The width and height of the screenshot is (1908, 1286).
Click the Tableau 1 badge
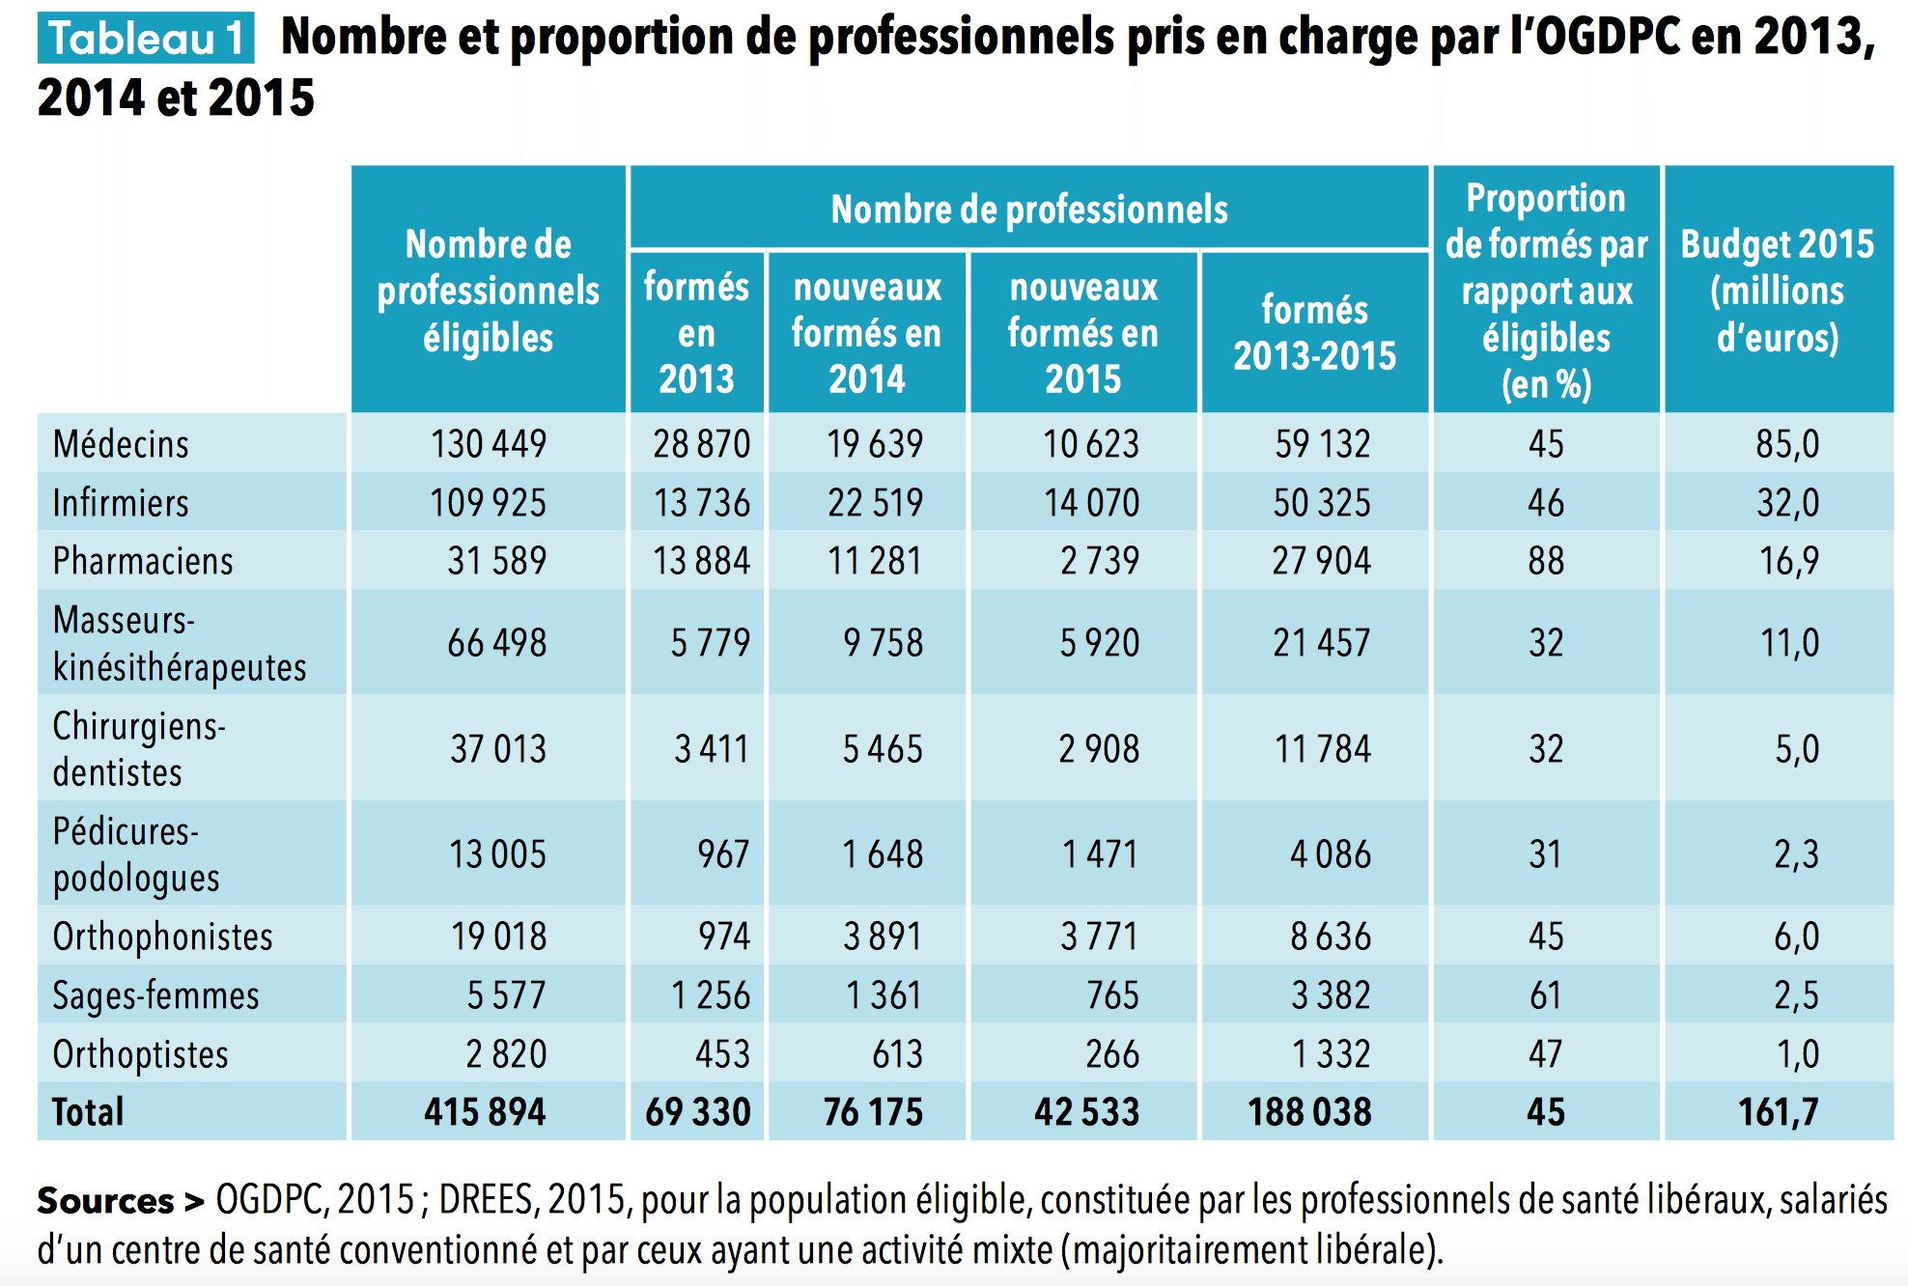pos(146,39)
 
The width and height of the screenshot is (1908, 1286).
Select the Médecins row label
pos(121,444)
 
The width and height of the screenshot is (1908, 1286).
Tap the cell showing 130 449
pos(489,444)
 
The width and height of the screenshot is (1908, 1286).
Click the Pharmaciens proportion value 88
pos(1545,561)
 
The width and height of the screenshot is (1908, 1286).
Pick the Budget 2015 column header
pos(1777,290)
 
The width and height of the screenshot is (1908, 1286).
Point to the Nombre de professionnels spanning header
pos(1029,210)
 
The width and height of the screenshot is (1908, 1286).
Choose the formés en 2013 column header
pos(696,332)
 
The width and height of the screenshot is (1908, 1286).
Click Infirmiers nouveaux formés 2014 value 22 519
pos(875,503)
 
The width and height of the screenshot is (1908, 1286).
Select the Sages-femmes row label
pos(155,995)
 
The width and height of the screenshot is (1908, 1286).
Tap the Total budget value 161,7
pos(1778,1112)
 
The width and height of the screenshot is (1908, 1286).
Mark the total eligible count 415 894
pos(485,1112)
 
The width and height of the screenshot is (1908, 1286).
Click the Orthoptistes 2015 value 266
pos(1111,1054)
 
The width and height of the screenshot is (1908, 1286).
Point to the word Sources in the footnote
pos(105,1201)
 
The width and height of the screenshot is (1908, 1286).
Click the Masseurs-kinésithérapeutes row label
pos(179,643)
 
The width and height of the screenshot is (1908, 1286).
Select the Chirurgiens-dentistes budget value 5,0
pos(1796,749)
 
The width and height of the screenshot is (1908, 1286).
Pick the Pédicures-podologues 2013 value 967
pos(723,854)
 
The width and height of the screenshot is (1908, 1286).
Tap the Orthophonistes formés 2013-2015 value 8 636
pos(1330,937)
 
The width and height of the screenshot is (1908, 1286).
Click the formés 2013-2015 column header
pos(1314,332)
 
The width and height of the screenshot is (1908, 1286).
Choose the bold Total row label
pos(88,1112)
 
